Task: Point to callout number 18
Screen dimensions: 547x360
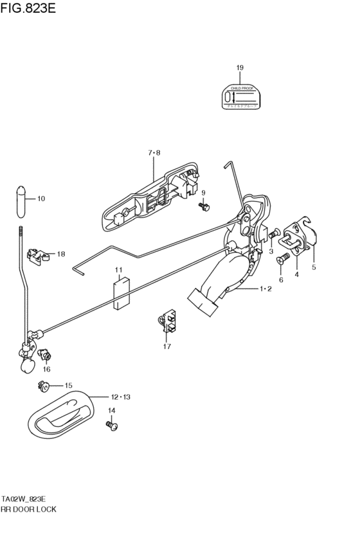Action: pyautogui.click(x=61, y=255)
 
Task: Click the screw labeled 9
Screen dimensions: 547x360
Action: pyautogui.click(x=204, y=207)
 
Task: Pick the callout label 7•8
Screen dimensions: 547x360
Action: pyautogui.click(x=154, y=153)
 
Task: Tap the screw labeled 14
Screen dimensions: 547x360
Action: pyautogui.click(x=113, y=425)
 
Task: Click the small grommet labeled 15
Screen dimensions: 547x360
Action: pyautogui.click(x=44, y=386)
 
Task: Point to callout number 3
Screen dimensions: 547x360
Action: pyautogui.click(x=271, y=251)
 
